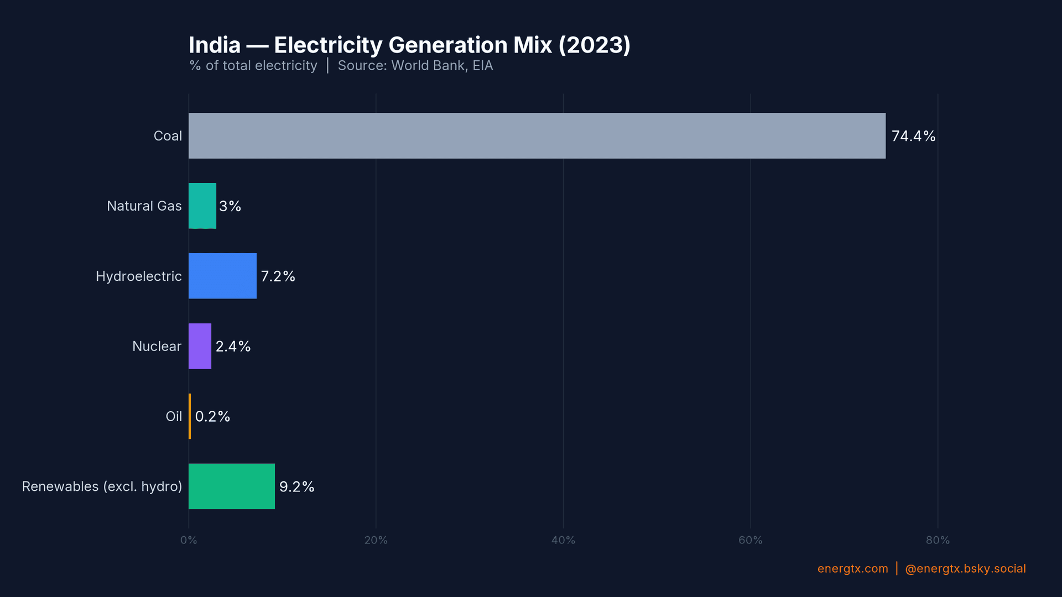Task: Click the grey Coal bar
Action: point(537,136)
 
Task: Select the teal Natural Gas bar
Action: point(202,206)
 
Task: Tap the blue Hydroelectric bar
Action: point(222,276)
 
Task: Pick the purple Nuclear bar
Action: point(200,346)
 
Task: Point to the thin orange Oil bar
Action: point(190,416)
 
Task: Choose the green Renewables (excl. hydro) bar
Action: point(231,486)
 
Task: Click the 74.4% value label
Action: point(913,136)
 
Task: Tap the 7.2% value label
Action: point(278,276)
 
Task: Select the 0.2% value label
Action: point(212,416)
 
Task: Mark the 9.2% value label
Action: point(296,486)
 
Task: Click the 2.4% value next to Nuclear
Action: point(233,346)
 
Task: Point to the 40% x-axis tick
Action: point(563,540)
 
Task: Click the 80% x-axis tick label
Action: point(938,540)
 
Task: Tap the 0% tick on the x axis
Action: point(189,540)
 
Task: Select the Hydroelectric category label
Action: point(138,276)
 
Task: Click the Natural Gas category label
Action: point(144,206)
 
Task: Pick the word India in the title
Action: point(215,45)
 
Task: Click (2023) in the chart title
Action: point(594,45)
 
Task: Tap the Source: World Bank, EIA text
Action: point(415,66)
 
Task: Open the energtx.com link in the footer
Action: point(852,568)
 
